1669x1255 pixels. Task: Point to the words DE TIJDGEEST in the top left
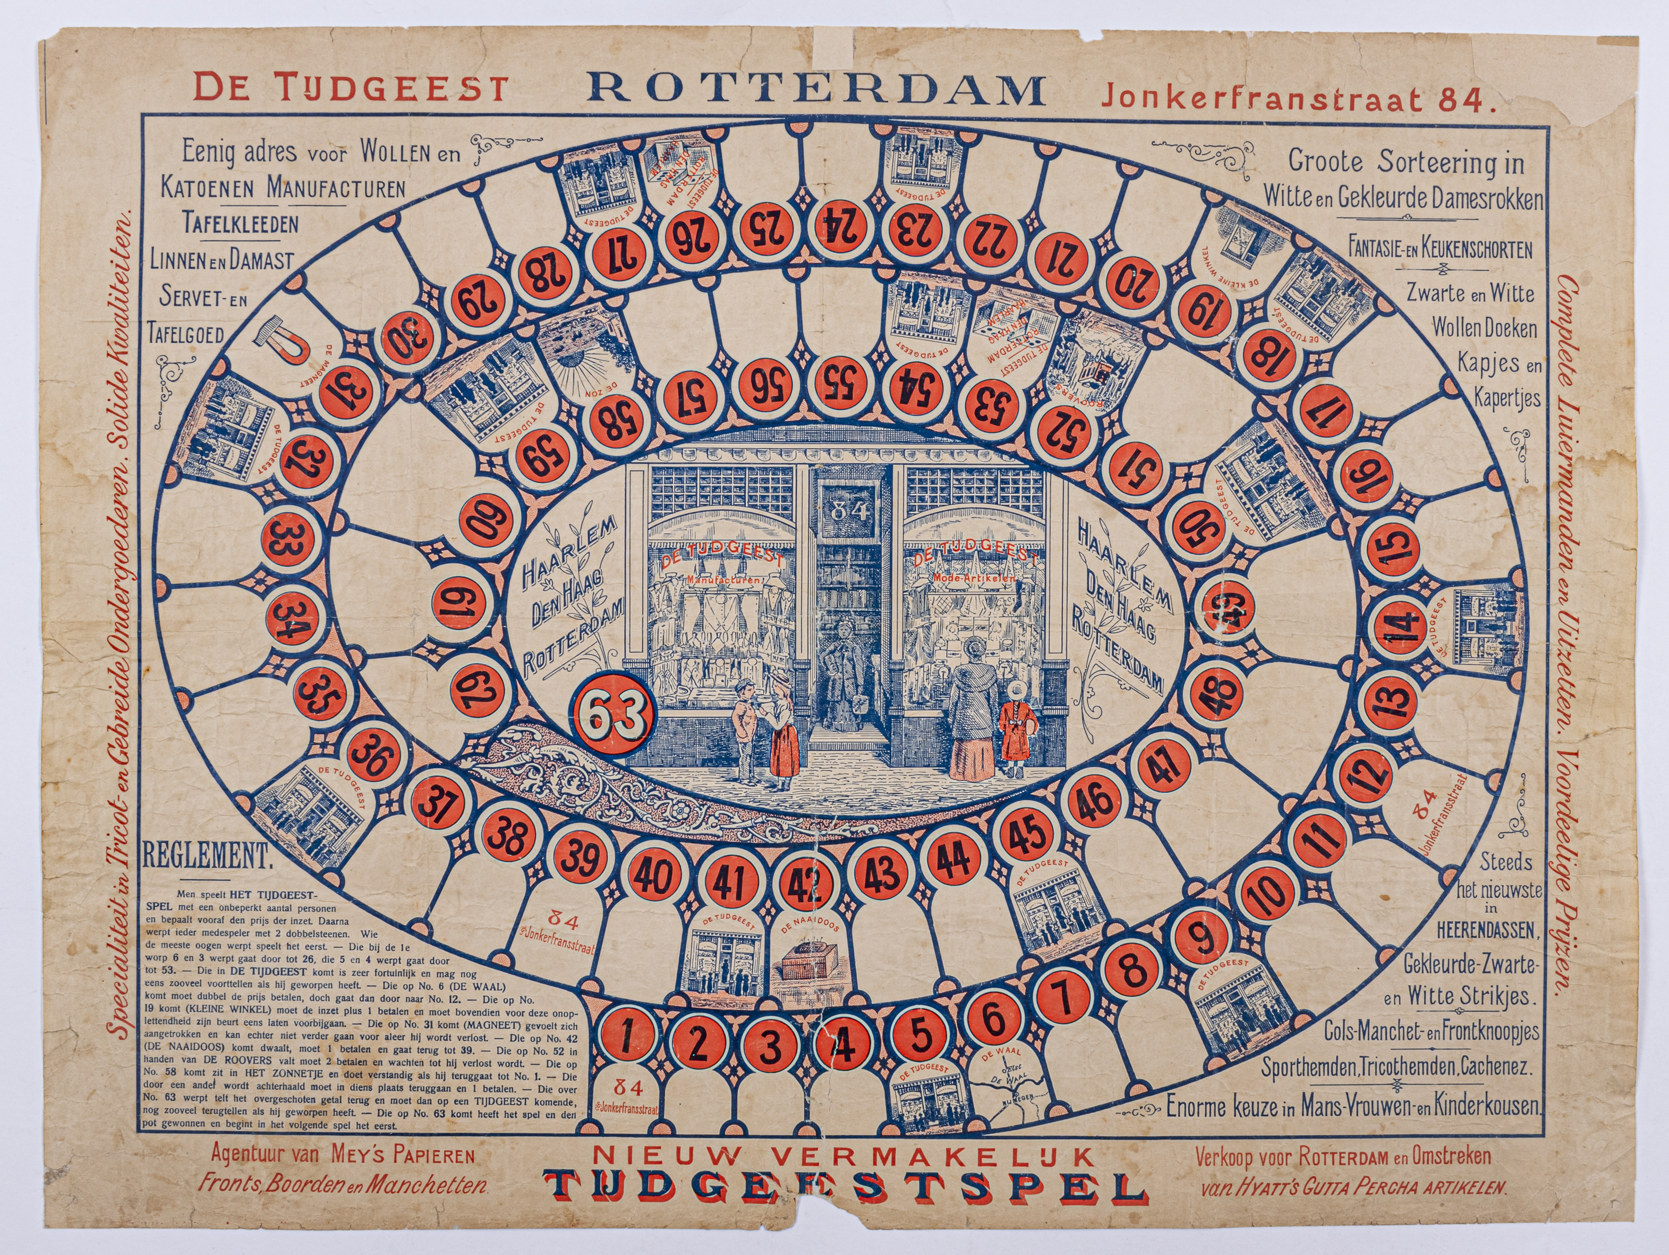(x=350, y=88)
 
